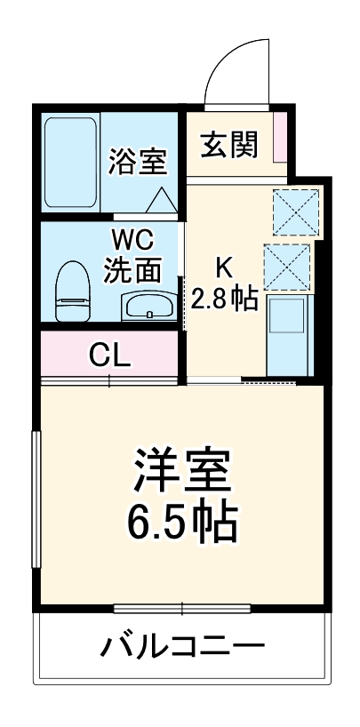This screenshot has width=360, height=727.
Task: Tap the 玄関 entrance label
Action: tap(228, 144)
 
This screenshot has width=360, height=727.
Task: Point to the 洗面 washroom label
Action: tap(132, 268)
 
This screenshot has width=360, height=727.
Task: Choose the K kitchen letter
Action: tap(225, 267)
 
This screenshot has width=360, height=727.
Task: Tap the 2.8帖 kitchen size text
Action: tap(224, 298)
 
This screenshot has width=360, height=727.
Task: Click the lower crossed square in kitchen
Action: tap(288, 266)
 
